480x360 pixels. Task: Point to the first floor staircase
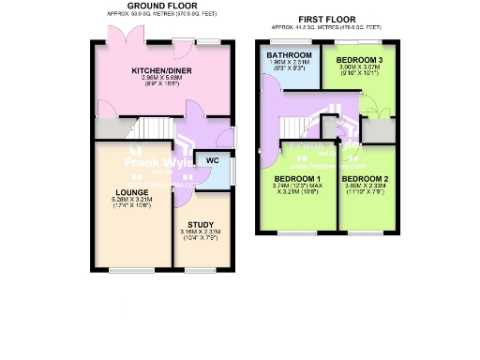(x=299, y=124)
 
